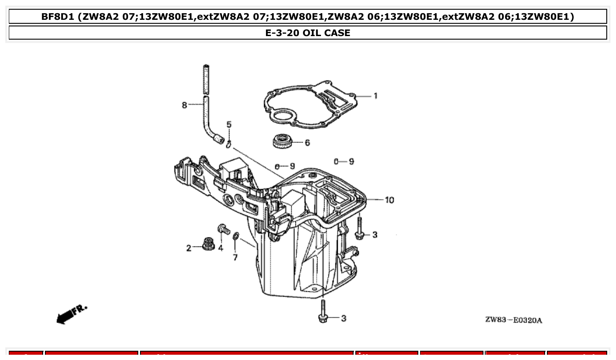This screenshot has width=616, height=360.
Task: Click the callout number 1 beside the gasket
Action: [375, 96]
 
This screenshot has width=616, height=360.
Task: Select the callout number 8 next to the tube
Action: [184, 105]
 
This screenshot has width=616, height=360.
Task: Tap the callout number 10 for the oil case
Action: [389, 200]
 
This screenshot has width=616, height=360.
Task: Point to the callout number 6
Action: [307, 143]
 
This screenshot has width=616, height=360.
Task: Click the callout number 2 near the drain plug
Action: [188, 248]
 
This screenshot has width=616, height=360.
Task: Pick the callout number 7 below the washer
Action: [235, 257]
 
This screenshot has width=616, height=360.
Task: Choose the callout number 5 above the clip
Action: [229, 125]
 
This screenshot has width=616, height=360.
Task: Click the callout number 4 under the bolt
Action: [220, 248]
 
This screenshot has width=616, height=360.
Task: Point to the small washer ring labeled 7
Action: [236, 237]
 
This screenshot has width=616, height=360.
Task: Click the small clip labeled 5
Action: [229, 144]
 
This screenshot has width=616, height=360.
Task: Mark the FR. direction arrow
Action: [71, 313]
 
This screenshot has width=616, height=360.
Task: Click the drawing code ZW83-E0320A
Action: [513, 320]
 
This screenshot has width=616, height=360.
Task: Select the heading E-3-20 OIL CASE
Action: [308, 33]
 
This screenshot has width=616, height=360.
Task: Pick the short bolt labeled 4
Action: [223, 229]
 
